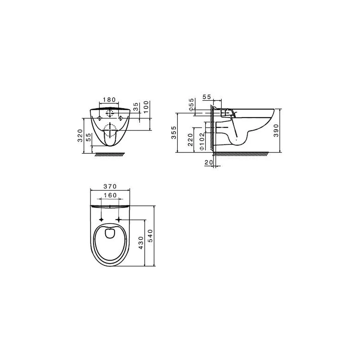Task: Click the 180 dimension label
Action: [x=109, y=100]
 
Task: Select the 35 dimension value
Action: [x=136, y=107]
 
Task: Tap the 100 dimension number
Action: [x=146, y=107]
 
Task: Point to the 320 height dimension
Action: [x=80, y=135]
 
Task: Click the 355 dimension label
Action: [x=174, y=132]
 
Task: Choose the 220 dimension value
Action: [x=190, y=140]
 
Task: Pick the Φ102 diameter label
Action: [x=202, y=141]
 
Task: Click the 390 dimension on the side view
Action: [x=276, y=130]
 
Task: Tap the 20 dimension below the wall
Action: [x=209, y=162]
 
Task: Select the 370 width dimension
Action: [x=110, y=186]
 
